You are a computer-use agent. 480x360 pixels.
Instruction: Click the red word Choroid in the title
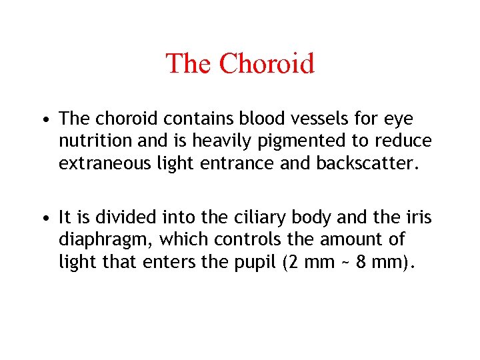click(266, 64)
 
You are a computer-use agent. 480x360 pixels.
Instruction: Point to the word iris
click(419, 217)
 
